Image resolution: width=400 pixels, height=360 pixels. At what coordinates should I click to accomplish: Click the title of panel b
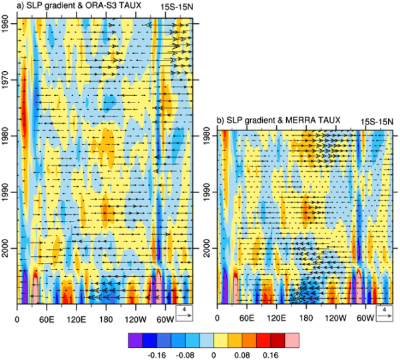coord(279,120)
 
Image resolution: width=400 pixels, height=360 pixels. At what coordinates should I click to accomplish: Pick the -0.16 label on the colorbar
coord(156,355)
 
